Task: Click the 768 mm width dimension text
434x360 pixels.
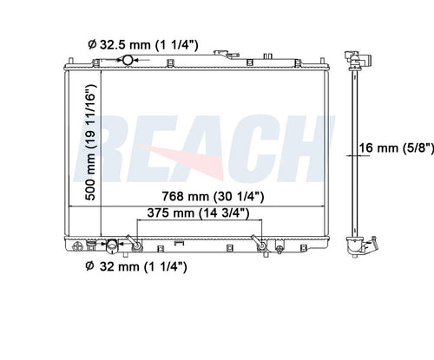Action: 213,196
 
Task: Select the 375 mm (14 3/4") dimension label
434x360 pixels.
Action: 198,213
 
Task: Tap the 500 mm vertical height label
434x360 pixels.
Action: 90,142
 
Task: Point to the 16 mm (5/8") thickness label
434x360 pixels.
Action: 397,148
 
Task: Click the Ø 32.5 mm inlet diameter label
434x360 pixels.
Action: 143,45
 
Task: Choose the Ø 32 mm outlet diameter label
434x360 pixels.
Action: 136,266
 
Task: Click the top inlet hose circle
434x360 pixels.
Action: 128,60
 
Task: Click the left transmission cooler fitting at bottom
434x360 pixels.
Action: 135,244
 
